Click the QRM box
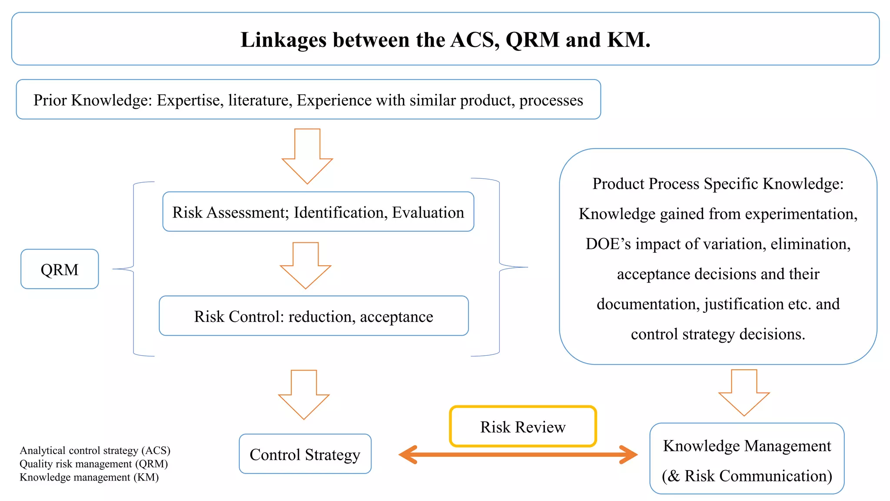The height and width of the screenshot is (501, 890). (60, 269)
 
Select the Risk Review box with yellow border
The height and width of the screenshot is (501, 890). (523, 427)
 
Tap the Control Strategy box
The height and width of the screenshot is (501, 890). (305, 454)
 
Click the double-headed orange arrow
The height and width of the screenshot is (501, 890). (518, 455)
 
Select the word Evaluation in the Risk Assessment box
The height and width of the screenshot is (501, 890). (428, 213)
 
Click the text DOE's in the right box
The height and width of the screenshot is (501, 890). (608, 244)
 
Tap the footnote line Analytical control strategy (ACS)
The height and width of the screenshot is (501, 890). (95, 450)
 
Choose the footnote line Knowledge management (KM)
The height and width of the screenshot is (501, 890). (89, 477)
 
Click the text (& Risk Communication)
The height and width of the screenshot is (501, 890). (747, 476)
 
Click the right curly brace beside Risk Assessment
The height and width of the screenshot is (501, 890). (500, 267)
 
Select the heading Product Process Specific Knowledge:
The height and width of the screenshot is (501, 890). (718, 184)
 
